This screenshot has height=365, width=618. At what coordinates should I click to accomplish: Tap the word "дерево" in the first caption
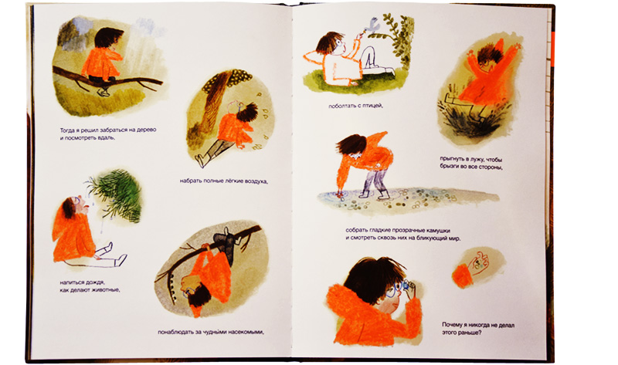tap(146, 130)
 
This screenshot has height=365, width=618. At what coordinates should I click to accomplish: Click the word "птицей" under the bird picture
tap(372, 106)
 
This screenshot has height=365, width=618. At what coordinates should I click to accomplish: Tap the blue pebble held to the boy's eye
tap(404, 285)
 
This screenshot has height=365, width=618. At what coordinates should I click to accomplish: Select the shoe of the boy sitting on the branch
tap(103, 92)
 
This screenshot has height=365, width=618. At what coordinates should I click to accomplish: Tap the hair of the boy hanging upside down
tap(201, 296)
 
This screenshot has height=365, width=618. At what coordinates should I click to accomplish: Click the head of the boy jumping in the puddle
tap(487, 56)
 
